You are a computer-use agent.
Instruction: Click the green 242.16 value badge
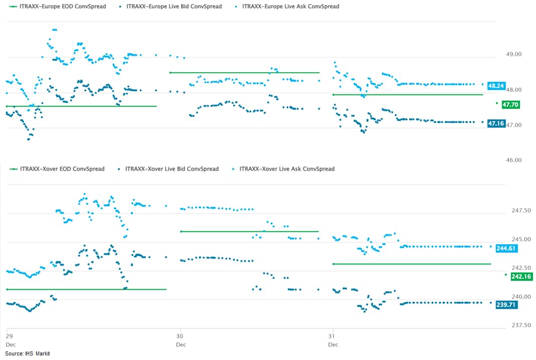click(x=521, y=277)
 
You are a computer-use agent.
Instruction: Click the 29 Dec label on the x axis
click(x=10, y=340)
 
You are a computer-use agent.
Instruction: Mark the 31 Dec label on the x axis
click(x=333, y=340)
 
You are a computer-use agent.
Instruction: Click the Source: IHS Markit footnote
click(x=28, y=354)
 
